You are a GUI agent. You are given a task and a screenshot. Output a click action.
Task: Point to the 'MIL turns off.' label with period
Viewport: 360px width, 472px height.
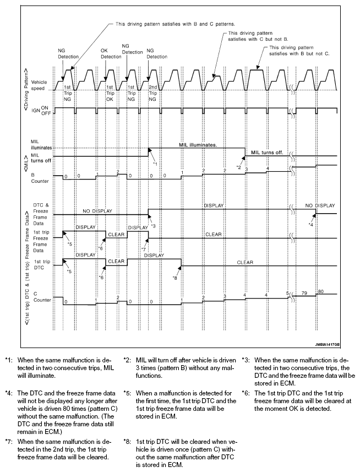click(268, 152)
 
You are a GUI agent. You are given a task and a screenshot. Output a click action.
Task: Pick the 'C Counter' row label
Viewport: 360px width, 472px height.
click(40, 297)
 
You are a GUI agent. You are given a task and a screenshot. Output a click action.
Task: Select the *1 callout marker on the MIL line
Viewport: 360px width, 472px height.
click(155, 164)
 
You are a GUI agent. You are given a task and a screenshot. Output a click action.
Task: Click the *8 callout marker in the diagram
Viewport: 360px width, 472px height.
click(175, 278)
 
